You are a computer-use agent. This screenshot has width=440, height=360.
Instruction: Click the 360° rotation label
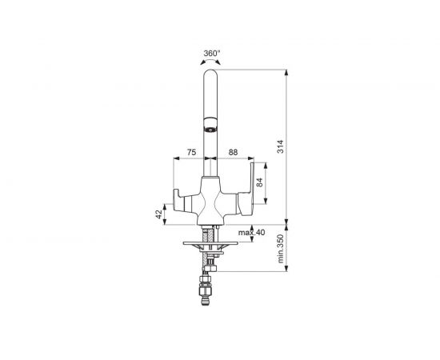click(212, 53)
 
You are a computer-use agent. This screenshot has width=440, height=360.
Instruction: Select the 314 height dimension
click(281, 146)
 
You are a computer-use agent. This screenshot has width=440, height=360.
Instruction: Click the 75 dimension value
click(191, 152)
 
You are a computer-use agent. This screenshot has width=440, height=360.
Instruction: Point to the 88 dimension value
click(233, 152)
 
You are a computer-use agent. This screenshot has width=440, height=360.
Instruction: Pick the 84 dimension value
click(259, 182)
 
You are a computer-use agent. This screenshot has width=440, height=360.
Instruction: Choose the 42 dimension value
click(159, 214)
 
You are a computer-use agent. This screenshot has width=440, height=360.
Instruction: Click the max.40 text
click(251, 233)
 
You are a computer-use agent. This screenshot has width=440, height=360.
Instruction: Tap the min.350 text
click(281, 249)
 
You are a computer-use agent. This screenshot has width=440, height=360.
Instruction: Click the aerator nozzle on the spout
click(210, 130)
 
